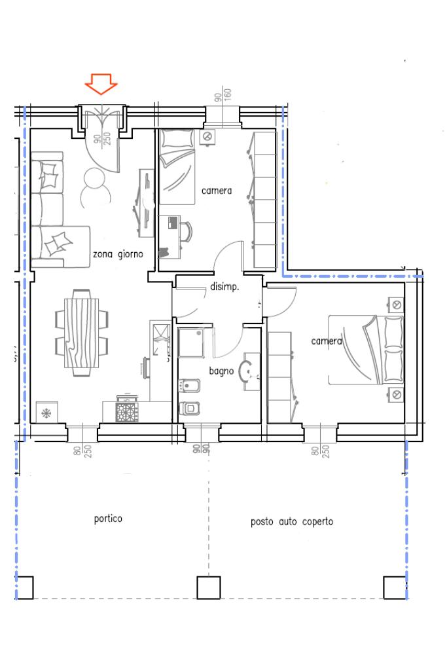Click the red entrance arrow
coord(101,83)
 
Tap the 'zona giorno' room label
coord(118,254)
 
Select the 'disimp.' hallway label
coord(224,287)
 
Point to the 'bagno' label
coord(221,371)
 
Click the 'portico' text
coord(108,519)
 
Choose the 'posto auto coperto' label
coord(292,522)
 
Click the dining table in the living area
coord(82,333)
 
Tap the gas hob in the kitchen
coord(127,412)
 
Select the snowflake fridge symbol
coord(46,413)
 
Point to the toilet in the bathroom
coord(188,409)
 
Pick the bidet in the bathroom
coord(188,386)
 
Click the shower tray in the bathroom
coord(191,343)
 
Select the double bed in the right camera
coord(365,350)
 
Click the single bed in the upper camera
coord(177,166)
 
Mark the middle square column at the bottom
coord(209,587)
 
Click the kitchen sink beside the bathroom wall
coord(160,337)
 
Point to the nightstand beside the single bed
coord(207,137)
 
